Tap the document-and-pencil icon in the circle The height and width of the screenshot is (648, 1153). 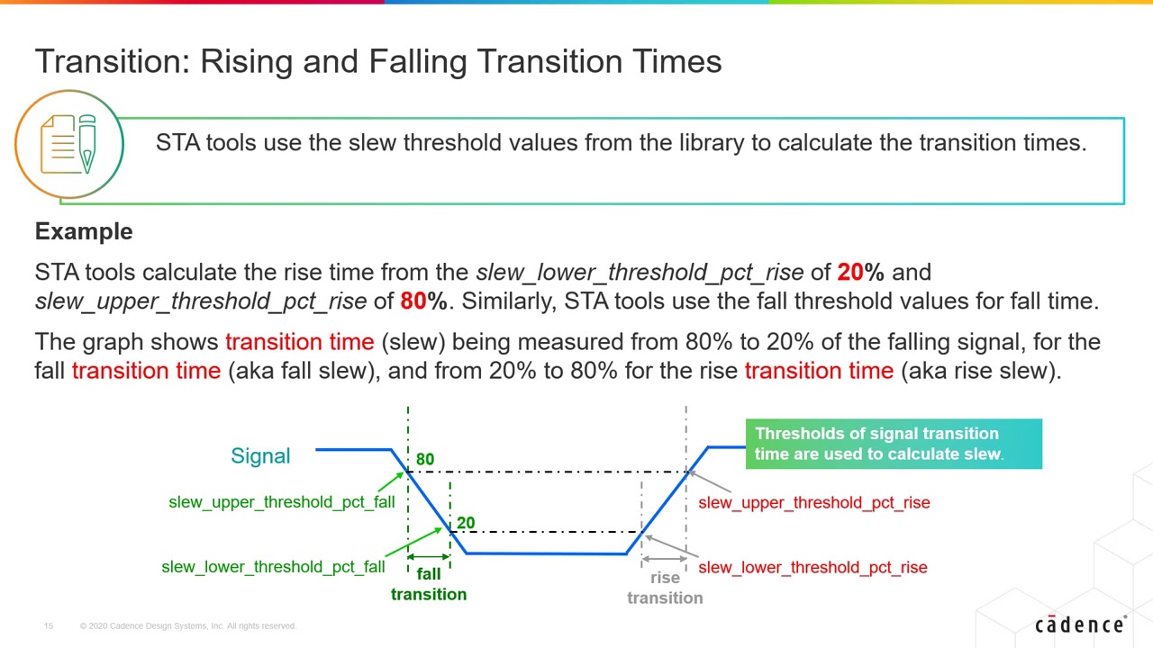pyautogui.click(x=69, y=144)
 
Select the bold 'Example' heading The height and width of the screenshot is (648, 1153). pyautogui.click(x=84, y=231)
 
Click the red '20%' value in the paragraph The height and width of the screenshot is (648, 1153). pyautogui.click(x=859, y=272)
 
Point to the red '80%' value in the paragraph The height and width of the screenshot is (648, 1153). pyautogui.click(x=423, y=301)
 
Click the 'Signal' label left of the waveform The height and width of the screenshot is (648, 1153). pyautogui.click(x=260, y=455)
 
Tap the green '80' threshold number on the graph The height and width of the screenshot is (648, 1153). pyautogui.click(x=425, y=459)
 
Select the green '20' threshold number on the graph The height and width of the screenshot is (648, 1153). pyautogui.click(x=466, y=523)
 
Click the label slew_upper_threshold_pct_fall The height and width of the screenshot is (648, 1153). pyautogui.click(x=281, y=502)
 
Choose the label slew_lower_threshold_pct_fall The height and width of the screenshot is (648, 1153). pyautogui.click(x=273, y=567)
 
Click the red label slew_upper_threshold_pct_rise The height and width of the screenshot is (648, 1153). pyautogui.click(x=813, y=503)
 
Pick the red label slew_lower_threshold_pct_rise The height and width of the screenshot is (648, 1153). pyautogui.click(x=812, y=568)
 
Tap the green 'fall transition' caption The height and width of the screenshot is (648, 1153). pyautogui.click(x=429, y=584)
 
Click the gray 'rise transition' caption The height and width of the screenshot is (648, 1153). pyautogui.click(x=665, y=588)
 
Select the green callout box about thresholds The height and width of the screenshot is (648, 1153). pyautogui.click(x=893, y=444)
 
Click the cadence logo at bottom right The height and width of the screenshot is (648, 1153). pyautogui.click(x=1079, y=625)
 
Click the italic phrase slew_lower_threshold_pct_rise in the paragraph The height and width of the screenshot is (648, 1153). pyautogui.click(x=639, y=272)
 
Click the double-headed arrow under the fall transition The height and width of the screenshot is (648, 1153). pyautogui.click(x=429, y=557)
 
